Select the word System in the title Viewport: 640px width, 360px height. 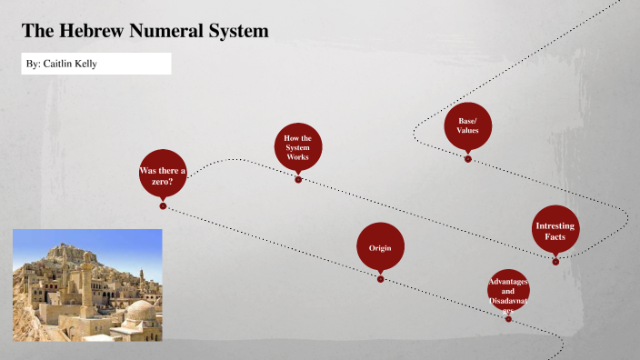coord(236,32)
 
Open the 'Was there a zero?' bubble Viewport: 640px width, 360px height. coord(162,174)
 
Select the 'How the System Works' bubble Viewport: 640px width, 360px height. coord(297,148)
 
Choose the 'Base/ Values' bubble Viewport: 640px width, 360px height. coord(467,126)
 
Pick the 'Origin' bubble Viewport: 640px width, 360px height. coord(380,248)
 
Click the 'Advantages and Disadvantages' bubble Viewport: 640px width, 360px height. coord(508,291)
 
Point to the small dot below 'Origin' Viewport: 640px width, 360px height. coord(381,279)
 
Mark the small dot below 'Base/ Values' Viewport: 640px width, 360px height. coord(468,159)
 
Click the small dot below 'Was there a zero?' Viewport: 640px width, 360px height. coord(163,206)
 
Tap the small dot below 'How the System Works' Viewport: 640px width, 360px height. coord(298,180)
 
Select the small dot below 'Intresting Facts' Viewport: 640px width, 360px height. coord(555,262)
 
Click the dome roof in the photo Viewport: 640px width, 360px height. coord(141,312)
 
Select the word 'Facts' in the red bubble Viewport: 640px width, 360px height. coord(555,237)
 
